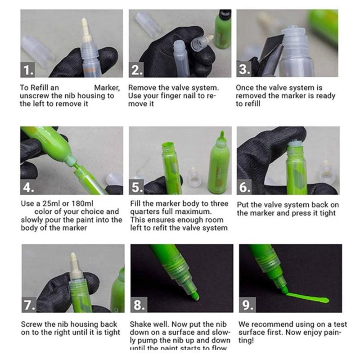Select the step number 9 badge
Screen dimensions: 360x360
coord(246,305)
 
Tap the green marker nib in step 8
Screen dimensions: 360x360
coord(195,296)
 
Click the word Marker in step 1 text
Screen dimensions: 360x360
coord(107,88)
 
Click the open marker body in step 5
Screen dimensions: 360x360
coord(171,164)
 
